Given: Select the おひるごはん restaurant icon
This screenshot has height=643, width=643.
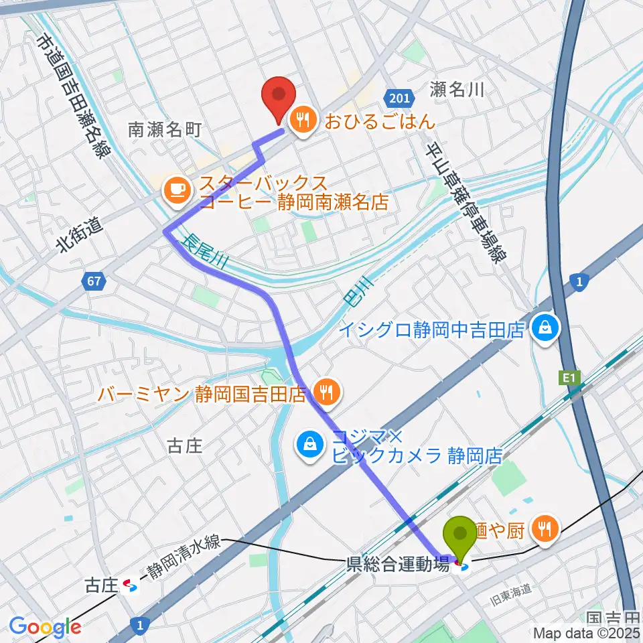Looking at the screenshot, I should click(302, 121).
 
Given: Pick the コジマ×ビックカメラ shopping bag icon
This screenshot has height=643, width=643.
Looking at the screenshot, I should click(310, 443).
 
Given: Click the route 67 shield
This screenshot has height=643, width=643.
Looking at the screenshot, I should click(95, 281).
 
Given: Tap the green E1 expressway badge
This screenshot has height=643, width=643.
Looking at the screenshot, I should click(569, 379).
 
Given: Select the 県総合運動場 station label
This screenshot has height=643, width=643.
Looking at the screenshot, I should click(397, 564).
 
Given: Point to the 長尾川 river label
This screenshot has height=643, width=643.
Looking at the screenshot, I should click(204, 252).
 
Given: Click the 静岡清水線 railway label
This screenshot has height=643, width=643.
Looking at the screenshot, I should click(184, 556).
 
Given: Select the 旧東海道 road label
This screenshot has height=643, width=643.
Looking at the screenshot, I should click(511, 590).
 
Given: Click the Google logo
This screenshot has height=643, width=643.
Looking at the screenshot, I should click(45, 627).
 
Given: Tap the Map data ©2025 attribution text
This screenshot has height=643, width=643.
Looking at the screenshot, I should click(586, 632).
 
